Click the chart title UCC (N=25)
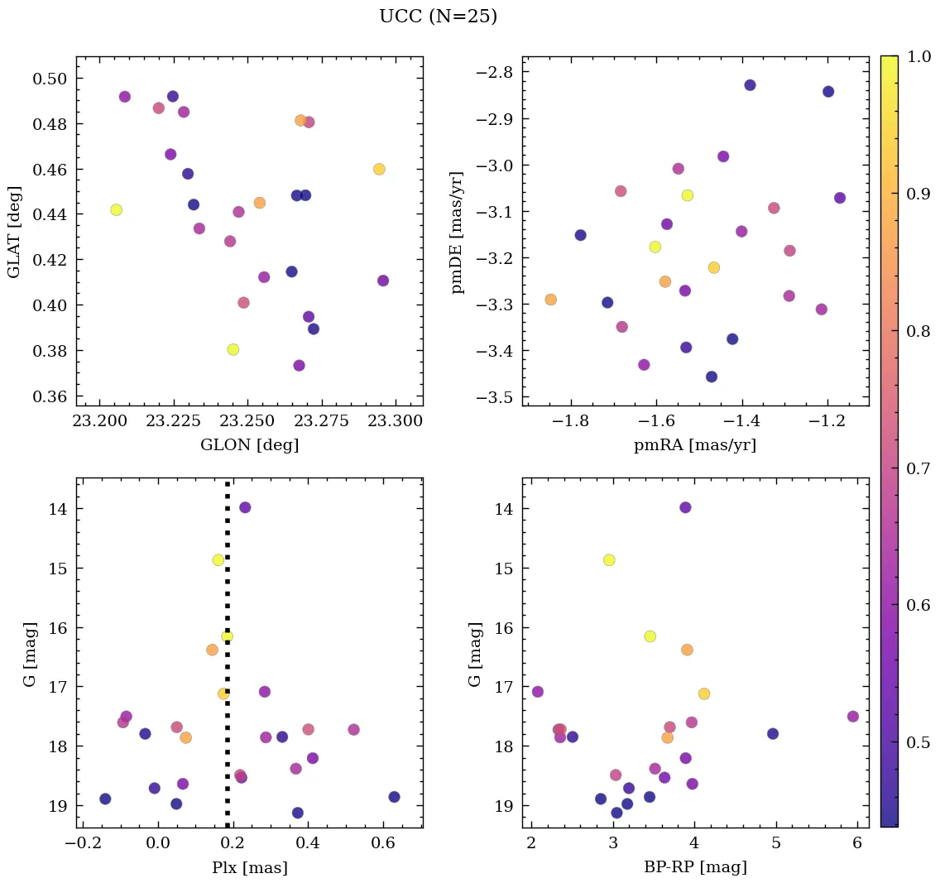(x=438, y=17)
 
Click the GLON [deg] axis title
(x=249, y=445)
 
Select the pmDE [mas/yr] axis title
(x=457, y=233)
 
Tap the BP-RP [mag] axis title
(x=695, y=867)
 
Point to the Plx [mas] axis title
(x=249, y=867)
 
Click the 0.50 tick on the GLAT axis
(x=49, y=79)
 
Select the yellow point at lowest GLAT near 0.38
(x=233, y=349)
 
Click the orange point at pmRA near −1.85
(x=550, y=300)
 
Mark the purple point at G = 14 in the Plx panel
(x=245, y=507)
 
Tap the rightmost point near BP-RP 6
(x=853, y=717)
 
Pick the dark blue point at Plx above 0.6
(x=394, y=797)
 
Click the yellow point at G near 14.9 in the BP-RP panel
(x=609, y=560)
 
